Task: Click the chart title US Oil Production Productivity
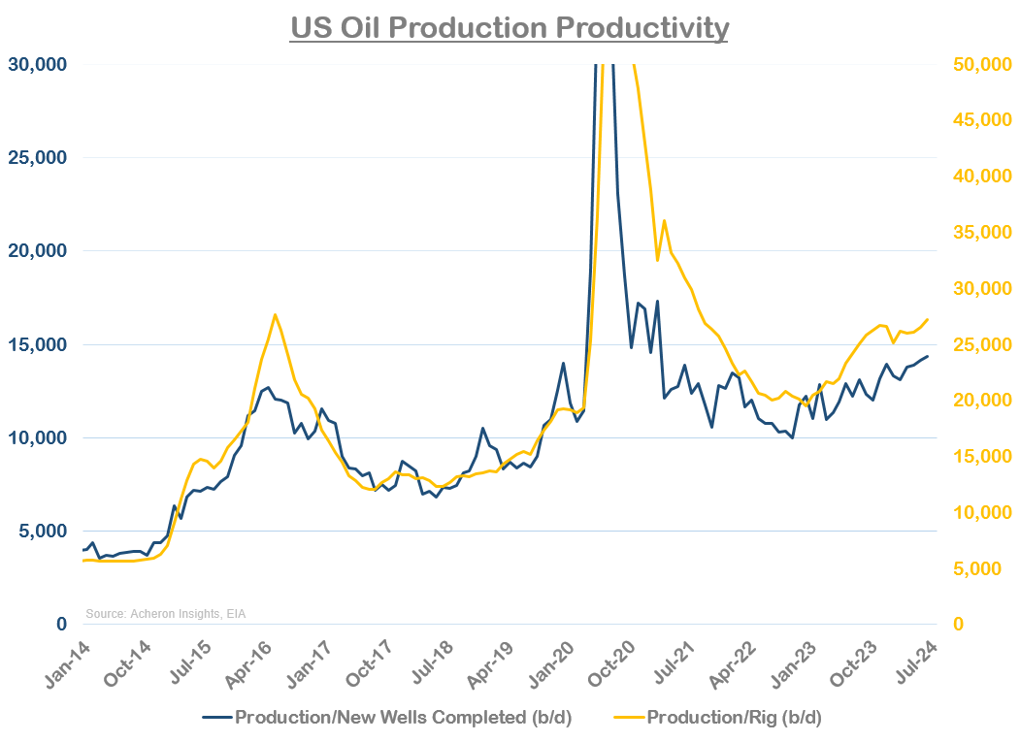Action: click(x=510, y=27)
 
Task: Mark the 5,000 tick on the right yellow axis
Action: click(x=983, y=568)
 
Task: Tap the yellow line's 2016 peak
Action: click(x=275, y=314)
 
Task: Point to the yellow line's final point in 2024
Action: click(x=928, y=319)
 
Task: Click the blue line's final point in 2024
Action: click(x=928, y=356)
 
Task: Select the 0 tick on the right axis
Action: click(x=960, y=625)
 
